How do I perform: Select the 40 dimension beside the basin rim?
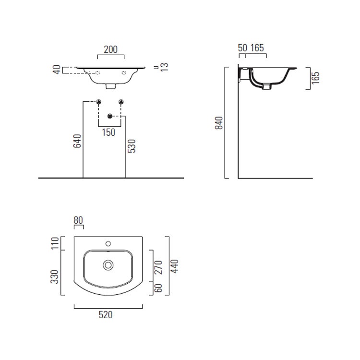pyautogui.click(x=57, y=70)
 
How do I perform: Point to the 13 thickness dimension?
pyautogui.click(x=165, y=67)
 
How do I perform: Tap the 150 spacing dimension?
pyautogui.click(x=109, y=132)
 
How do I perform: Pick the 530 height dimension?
pyautogui.click(x=132, y=146)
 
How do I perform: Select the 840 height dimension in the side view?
pyautogui.click(x=219, y=123)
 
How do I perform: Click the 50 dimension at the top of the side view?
pyautogui.click(x=242, y=48)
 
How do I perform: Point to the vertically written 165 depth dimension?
pyautogui.click(x=315, y=78)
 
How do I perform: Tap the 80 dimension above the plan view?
pyautogui.click(x=78, y=220)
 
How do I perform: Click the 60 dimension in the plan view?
pyautogui.click(x=159, y=289)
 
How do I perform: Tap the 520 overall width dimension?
pyautogui.click(x=106, y=315)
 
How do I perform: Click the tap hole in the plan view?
pyautogui.click(x=108, y=243)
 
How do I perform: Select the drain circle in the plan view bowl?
pyautogui.click(x=108, y=264)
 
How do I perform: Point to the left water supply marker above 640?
pyautogui.click(x=98, y=101)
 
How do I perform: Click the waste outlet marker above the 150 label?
pyautogui.click(x=110, y=116)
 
